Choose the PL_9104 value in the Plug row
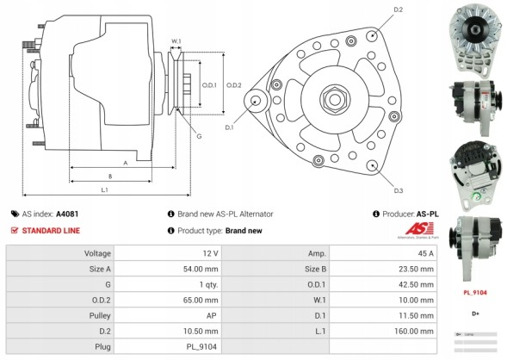tap(204, 346)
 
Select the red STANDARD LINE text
tap(52, 230)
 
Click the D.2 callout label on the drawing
tap(398, 9)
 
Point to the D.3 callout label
tap(399, 190)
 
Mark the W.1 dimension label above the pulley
tap(176, 40)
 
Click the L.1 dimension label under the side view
tap(104, 189)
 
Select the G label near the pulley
tap(198, 136)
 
